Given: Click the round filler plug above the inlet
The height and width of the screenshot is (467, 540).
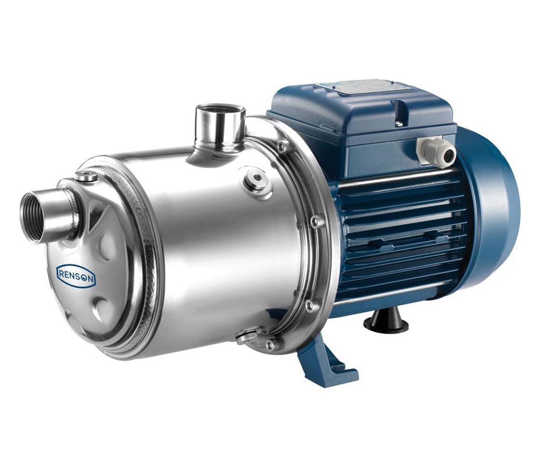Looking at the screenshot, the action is click(x=85, y=175).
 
